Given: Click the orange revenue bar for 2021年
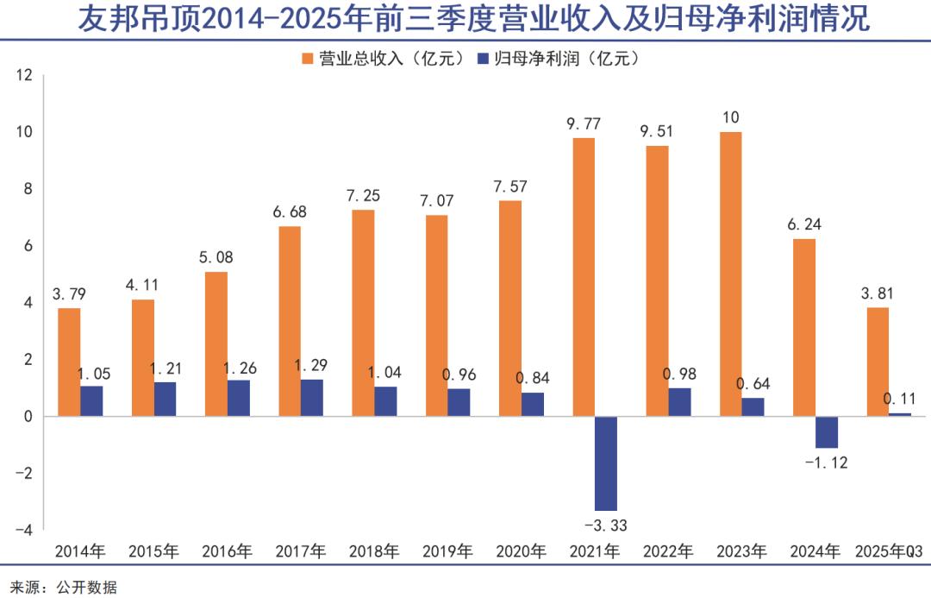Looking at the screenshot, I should click(x=584, y=276).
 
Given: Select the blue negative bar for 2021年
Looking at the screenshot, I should click(x=606, y=463).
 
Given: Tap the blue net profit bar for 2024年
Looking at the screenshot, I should click(x=826, y=431).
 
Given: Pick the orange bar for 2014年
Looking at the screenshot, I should click(x=70, y=362).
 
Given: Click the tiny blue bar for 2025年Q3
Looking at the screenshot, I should click(x=899, y=414).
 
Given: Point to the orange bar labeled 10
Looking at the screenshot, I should click(x=730, y=274).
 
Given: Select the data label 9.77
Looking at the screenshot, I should click(x=584, y=123).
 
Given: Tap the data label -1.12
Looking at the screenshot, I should click(x=826, y=463).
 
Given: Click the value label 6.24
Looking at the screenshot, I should click(x=803, y=223).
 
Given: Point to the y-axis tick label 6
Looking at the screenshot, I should click(x=28, y=246).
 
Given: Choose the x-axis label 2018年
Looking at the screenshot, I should click(x=374, y=551).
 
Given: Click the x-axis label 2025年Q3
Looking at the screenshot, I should click(x=889, y=551).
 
